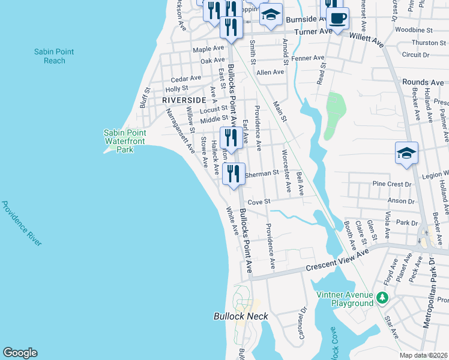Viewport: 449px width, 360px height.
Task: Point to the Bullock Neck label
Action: [241, 316]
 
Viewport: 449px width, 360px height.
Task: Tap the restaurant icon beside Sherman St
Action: [234, 174]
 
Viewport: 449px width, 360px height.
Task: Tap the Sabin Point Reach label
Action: [55, 56]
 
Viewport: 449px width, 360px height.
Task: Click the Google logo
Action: [20, 353]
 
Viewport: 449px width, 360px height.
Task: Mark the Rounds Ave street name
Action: [423, 82]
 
